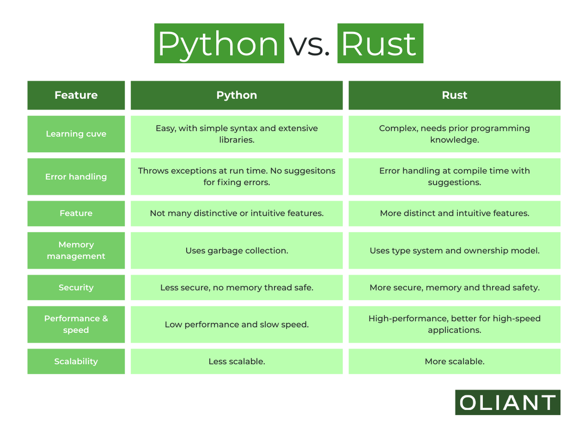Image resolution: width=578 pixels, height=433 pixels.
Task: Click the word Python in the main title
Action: (x=219, y=43)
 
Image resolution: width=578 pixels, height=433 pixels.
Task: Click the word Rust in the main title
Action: (x=380, y=43)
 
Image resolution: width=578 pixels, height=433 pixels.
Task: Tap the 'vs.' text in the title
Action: (x=310, y=44)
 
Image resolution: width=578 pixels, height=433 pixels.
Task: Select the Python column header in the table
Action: (x=236, y=95)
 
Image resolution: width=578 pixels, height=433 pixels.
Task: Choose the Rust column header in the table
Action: (x=454, y=95)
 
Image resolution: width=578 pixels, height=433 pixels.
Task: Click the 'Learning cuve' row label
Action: (x=76, y=134)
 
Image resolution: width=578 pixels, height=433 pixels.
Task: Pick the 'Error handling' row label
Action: (x=76, y=177)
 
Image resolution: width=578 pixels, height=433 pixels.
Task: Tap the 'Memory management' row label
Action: (x=76, y=250)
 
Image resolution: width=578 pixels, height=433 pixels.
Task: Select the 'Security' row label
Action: (x=76, y=287)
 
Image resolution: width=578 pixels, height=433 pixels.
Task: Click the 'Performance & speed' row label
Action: (x=76, y=324)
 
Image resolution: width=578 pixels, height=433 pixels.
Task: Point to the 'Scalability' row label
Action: (x=76, y=361)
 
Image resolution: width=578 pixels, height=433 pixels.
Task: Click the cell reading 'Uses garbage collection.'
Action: (x=236, y=250)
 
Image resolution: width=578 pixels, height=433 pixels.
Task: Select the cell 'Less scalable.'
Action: (x=236, y=361)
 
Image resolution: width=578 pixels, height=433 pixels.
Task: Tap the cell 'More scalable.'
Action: (x=454, y=361)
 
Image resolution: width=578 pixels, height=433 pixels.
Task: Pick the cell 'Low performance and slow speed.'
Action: (x=236, y=324)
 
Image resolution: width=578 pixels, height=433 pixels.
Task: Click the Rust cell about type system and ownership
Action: (x=454, y=250)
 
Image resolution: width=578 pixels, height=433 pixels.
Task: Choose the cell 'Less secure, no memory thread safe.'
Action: (x=236, y=287)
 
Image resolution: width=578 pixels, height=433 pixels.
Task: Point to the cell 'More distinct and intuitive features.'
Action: (x=454, y=213)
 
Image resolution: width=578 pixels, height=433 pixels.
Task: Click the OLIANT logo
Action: (x=507, y=403)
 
